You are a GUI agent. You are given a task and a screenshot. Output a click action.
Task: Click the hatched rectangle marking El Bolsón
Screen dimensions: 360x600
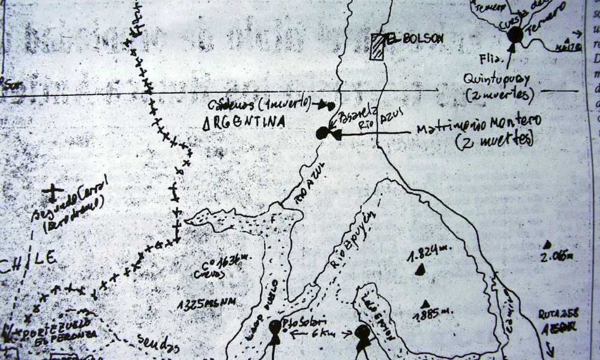coord(377,47)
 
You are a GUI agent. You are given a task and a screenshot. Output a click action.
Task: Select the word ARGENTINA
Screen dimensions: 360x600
coord(244,122)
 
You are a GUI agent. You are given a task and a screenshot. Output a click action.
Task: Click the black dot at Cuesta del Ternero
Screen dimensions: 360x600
coord(515,35)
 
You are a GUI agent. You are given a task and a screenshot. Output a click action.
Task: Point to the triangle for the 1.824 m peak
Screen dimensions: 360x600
coord(419,270)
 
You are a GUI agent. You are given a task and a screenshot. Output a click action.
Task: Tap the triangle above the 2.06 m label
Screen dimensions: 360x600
coord(547,244)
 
